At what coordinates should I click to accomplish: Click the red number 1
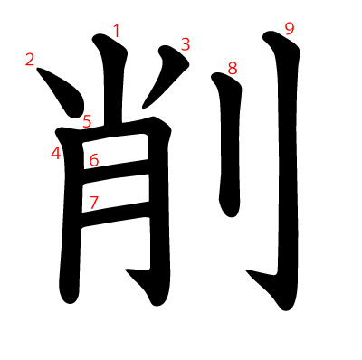tap(117, 31)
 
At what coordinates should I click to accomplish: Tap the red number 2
tap(30, 60)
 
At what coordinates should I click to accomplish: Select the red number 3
tap(186, 44)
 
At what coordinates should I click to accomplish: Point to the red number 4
tap(56, 153)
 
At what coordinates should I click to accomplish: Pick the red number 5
tap(87, 121)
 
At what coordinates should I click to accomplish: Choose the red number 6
tap(94, 160)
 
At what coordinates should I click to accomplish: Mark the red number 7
tap(94, 203)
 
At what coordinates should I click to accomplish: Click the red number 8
tap(233, 69)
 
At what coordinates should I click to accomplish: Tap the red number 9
tap(290, 29)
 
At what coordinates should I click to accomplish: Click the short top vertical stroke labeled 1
tap(113, 80)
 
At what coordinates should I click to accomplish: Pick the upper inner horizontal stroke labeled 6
tap(116, 168)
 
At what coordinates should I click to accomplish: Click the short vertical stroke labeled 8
tap(230, 145)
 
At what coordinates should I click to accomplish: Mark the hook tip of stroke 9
tap(247, 270)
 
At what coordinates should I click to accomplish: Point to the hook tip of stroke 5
tap(126, 270)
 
